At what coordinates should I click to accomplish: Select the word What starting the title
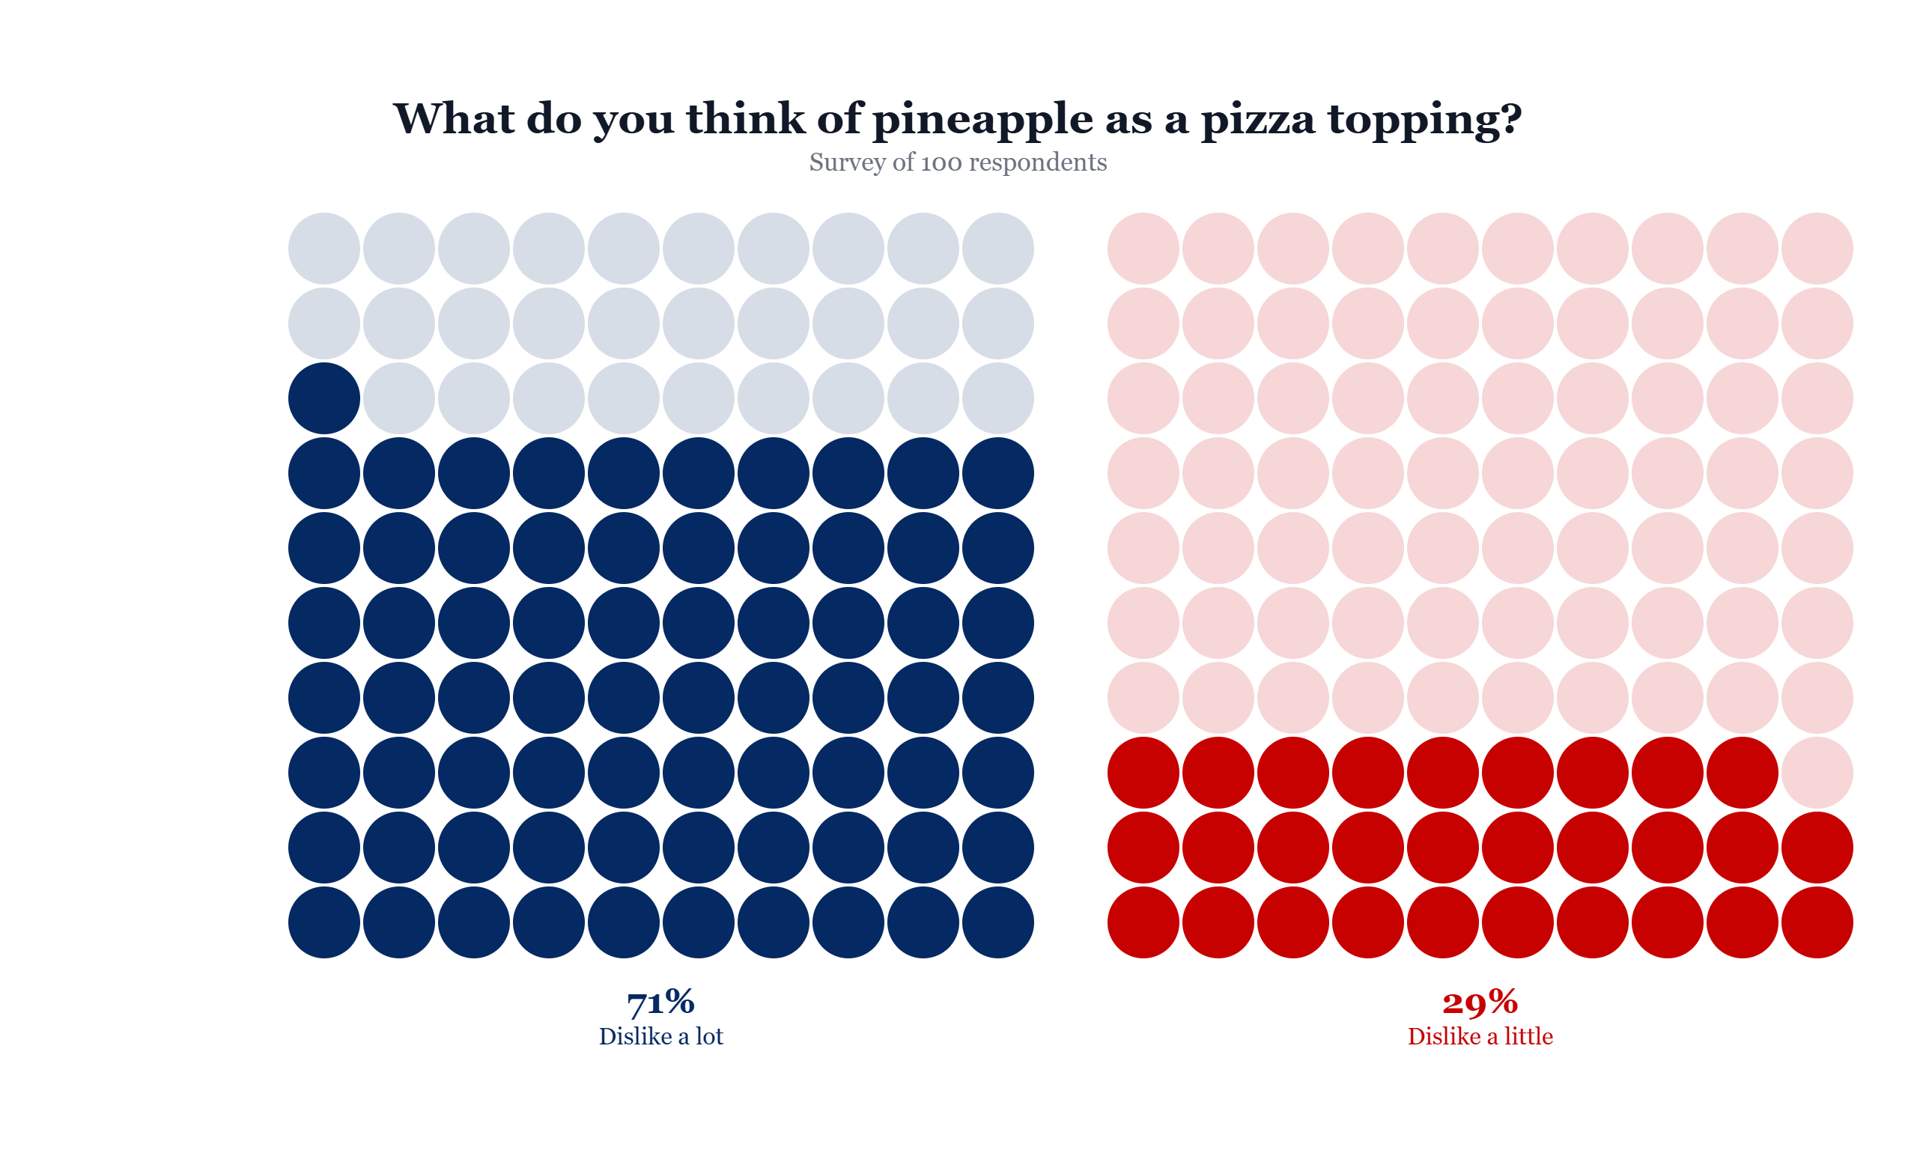pyautogui.click(x=454, y=119)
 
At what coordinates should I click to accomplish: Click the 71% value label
pyautogui.click(x=660, y=1002)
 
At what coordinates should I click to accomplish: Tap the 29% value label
pyautogui.click(x=1480, y=1002)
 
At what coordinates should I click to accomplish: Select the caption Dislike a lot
pyautogui.click(x=660, y=1037)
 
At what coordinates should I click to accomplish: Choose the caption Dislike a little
pyautogui.click(x=1480, y=1037)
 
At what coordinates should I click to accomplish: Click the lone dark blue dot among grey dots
pyautogui.click(x=323, y=398)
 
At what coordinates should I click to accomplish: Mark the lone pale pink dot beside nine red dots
pyautogui.click(x=1817, y=773)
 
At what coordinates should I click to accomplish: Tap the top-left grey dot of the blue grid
pyautogui.click(x=323, y=248)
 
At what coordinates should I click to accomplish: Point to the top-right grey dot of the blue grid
pyautogui.click(x=997, y=248)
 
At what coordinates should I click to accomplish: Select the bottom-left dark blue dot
pyautogui.click(x=323, y=922)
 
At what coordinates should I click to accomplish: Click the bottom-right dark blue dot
pyautogui.click(x=997, y=922)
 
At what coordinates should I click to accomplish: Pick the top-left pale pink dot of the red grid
pyautogui.click(x=1143, y=248)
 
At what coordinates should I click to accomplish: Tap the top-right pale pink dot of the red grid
pyautogui.click(x=1817, y=248)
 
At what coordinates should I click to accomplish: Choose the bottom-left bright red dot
pyautogui.click(x=1143, y=922)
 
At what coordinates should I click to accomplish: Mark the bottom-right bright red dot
pyautogui.click(x=1817, y=922)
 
